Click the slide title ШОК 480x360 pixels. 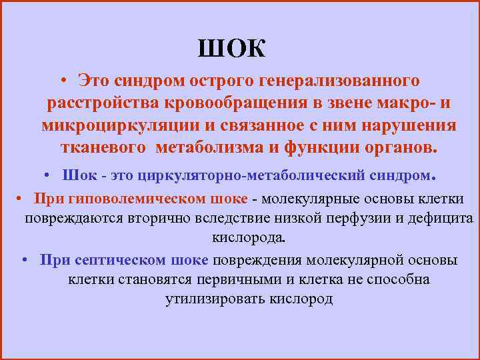231,48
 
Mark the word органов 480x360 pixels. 397,148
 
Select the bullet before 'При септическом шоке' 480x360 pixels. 25,260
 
